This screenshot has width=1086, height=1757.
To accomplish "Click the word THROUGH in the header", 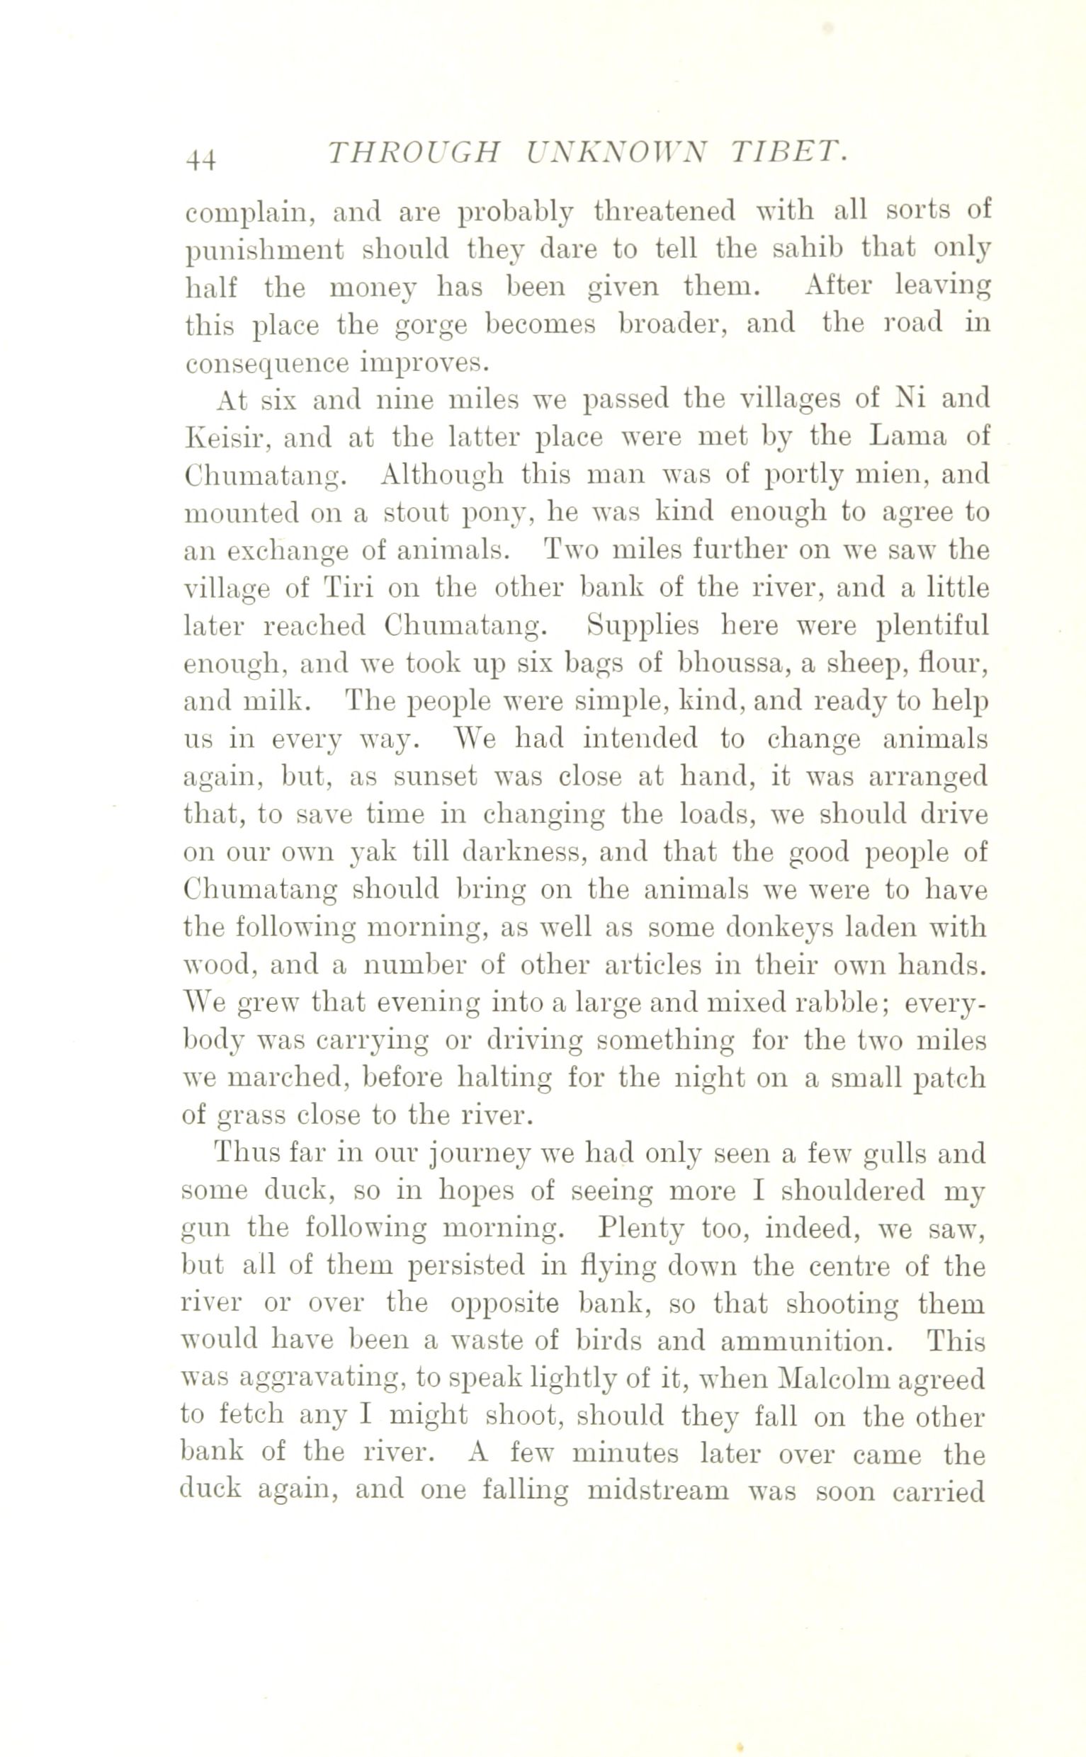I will coord(412,153).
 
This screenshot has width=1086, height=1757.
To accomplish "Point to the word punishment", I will coord(264,251).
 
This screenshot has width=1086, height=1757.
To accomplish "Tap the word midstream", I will coord(657,1491).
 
